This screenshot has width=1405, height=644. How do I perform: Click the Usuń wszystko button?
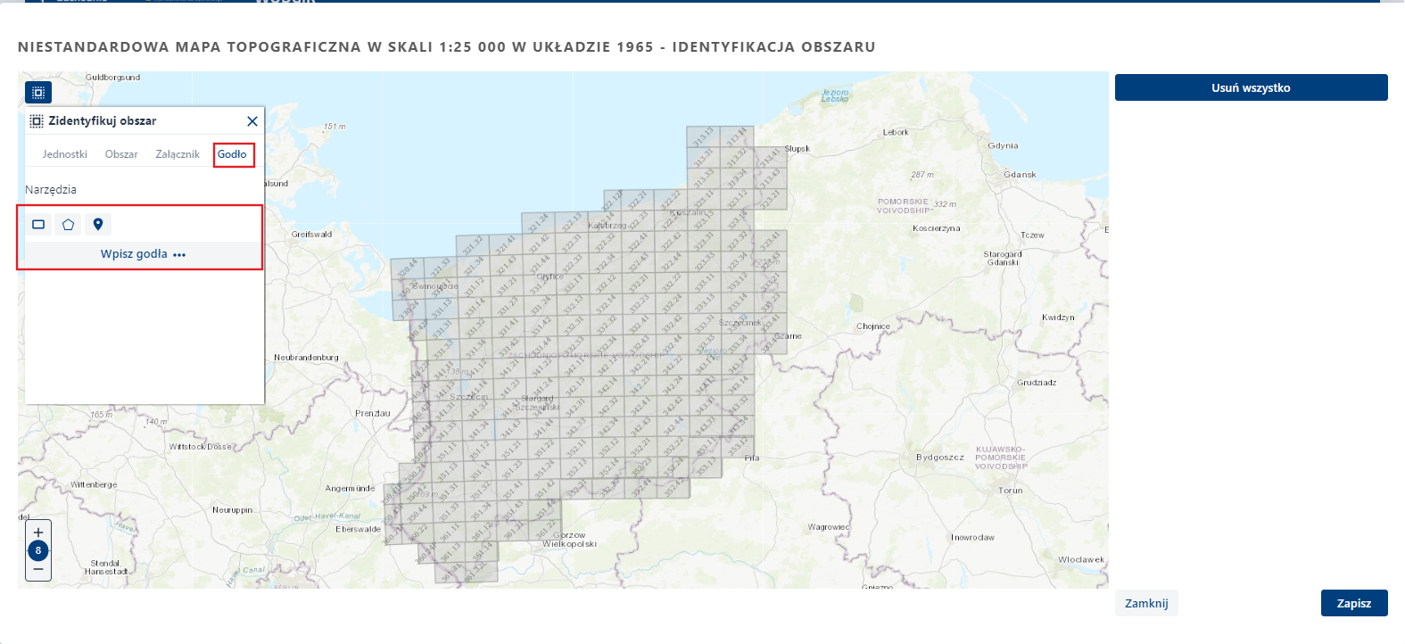point(1251,87)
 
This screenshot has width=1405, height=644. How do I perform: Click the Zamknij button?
point(1146,603)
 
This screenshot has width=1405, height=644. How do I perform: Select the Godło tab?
point(232,154)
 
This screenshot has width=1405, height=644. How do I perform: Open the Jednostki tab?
point(65,154)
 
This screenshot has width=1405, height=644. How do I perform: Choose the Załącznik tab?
point(178,154)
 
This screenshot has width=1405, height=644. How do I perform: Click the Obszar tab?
point(121,154)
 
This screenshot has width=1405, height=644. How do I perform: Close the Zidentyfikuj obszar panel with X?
point(252,121)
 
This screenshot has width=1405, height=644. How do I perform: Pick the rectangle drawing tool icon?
point(38,225)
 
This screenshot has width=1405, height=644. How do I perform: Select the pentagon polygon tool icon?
point(68,225)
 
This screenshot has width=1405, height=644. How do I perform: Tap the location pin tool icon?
point(98,225)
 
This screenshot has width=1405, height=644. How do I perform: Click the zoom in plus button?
point(38,533)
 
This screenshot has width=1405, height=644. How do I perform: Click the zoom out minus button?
point(38,569)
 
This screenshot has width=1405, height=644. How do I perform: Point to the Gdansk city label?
point(1020,175)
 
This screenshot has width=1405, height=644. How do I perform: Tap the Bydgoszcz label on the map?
point(940,458)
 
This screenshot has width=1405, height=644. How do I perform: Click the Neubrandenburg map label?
point(306,358)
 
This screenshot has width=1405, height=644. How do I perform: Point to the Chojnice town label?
point(873,326)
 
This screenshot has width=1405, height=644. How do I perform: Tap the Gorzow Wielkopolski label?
point(569,540)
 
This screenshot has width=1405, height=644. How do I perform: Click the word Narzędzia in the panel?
point(51,190)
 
